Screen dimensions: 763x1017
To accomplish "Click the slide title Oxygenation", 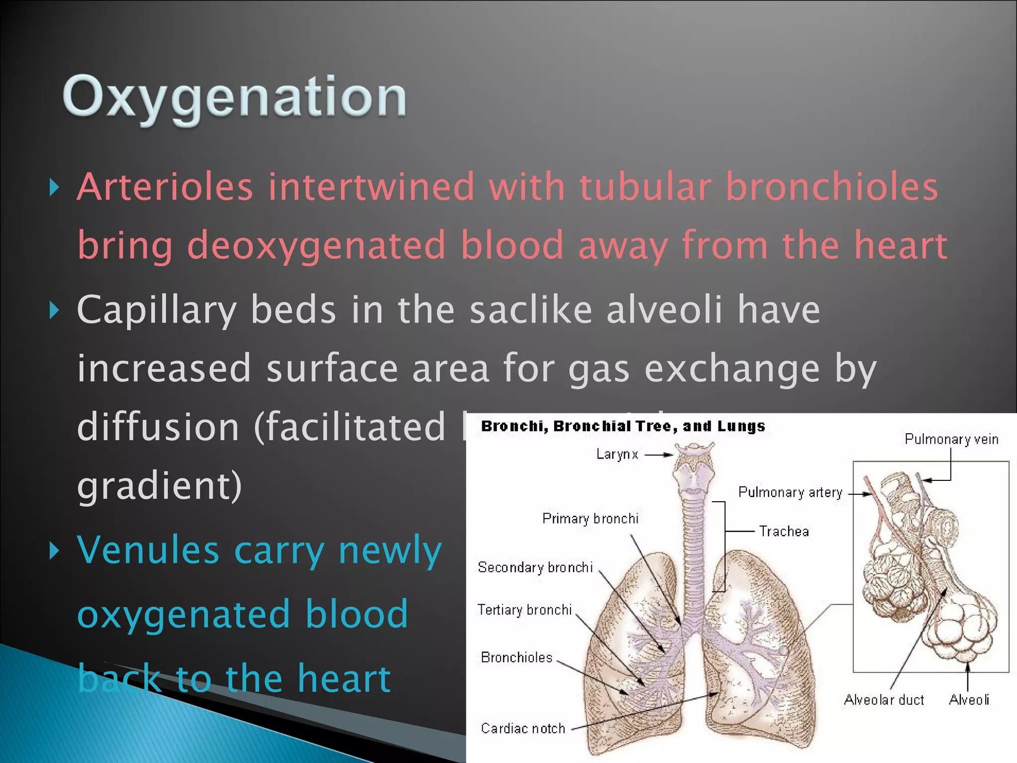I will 234,97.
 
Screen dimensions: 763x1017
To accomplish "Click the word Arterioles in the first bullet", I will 165,187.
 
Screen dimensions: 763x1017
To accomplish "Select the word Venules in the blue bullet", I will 148,550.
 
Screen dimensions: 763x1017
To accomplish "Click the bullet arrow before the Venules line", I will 55,551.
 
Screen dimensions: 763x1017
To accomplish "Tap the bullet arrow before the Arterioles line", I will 55,187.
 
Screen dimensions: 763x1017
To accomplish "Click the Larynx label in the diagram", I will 617,454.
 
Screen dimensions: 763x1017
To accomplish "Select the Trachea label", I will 784,532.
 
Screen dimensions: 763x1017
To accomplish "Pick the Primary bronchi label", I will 590,519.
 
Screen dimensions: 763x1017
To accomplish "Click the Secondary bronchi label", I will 535,567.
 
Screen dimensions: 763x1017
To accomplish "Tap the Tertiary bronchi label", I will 524,610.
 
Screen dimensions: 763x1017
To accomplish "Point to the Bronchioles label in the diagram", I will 516,657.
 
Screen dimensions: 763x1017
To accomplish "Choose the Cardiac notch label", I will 523,728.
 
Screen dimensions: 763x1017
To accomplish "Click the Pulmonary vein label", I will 951,439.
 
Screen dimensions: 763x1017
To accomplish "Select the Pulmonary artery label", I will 790,492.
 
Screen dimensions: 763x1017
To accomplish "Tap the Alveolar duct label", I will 884,700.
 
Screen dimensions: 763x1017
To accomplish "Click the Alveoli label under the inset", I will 969,700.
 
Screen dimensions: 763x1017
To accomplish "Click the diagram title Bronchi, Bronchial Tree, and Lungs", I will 623,426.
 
